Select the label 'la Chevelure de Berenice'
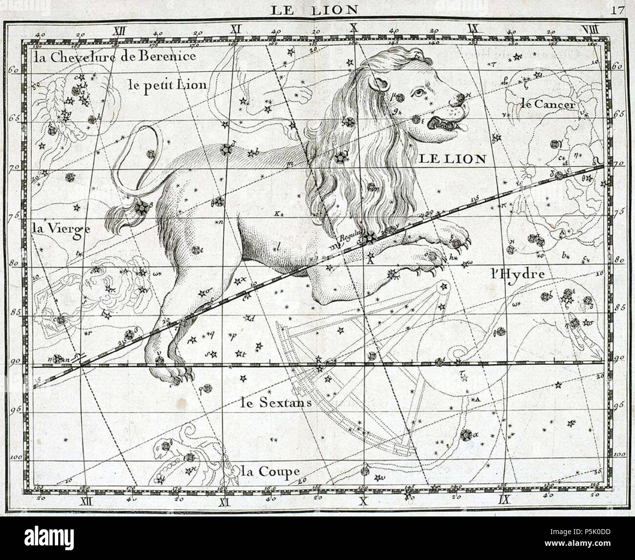115,57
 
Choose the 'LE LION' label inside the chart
451,158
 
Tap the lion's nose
458,99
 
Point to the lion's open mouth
442,124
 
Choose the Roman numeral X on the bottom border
362,500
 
